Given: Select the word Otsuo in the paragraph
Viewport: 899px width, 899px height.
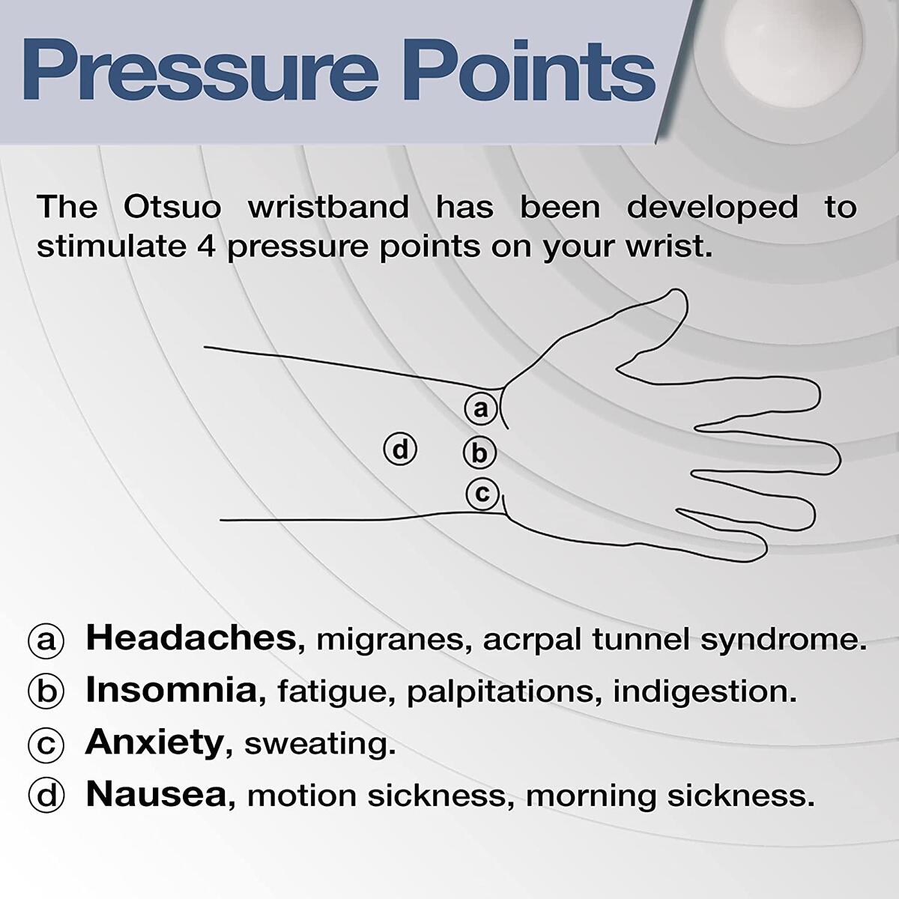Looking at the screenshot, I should (x=172, y=207).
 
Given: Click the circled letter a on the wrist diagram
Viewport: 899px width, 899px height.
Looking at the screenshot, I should (x=480, y=408).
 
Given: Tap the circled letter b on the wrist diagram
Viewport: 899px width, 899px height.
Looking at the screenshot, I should (x=479, y=452).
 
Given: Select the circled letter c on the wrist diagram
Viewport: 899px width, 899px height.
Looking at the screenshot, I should (x=482, y=494).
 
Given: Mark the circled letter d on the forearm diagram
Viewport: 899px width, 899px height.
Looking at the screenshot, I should (x=400, y=449).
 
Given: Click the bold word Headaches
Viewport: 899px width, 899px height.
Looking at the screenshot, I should (x=191, y=638).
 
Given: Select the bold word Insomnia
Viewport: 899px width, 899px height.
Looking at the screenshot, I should (x=172, y=690).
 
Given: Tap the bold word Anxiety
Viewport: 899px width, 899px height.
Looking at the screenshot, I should (x=154, y=742).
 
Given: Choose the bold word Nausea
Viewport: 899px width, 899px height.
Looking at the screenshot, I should (x=156, y=794).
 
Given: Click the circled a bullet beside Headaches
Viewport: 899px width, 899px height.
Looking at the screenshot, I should (x=46, y=641).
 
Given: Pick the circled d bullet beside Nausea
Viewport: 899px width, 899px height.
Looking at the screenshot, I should (x=46, y=796).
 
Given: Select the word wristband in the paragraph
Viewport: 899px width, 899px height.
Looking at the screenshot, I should (x=328, y=207).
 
